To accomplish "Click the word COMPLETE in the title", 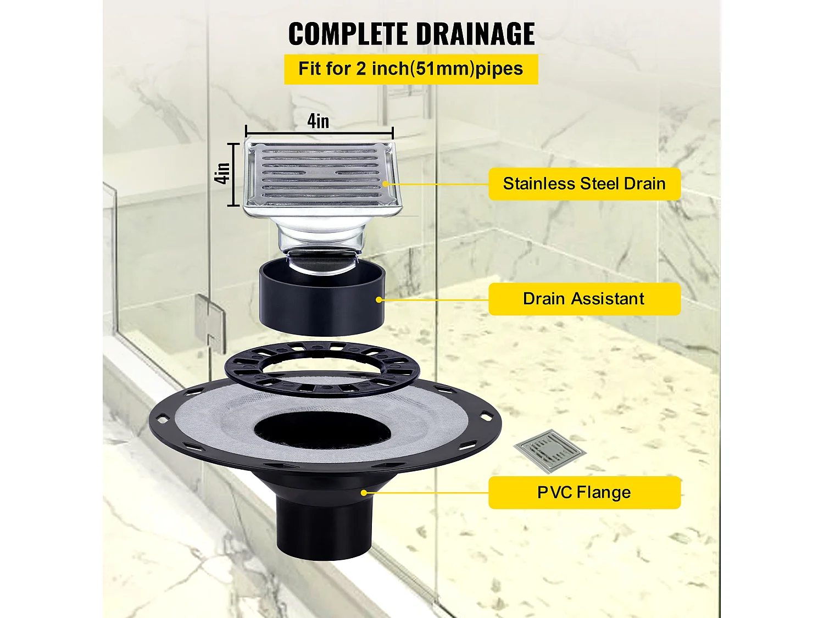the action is (348, 34).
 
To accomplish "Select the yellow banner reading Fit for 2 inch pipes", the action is (411, 69).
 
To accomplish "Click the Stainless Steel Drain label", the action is (584, 184).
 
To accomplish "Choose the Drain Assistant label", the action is (584, 299).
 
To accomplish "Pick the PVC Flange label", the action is (584, 493).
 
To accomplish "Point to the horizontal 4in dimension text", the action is (318, 121).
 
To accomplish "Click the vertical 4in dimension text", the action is (222, 174).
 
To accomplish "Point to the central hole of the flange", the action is (322, 430).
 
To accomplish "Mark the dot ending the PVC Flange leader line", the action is (364, 493).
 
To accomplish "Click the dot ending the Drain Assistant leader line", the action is (379, 299).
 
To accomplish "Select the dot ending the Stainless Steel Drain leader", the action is (385, 184).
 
